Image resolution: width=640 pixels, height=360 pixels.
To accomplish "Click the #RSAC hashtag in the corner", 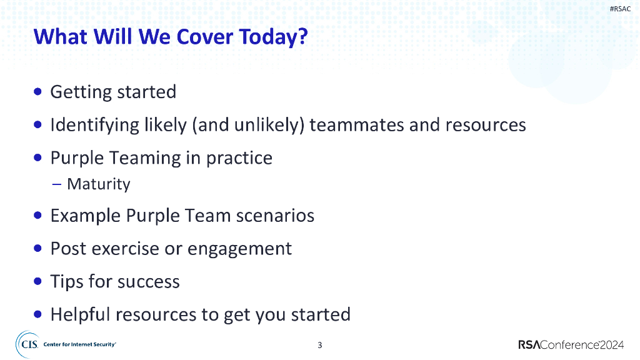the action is (620, 9).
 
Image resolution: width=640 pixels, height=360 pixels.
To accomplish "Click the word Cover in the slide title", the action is (205, 37).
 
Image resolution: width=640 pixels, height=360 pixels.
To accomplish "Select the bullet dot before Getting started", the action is (38, 91).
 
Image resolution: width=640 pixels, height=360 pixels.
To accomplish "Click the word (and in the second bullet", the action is (211, 125).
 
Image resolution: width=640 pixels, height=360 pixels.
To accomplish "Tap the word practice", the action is (239, 158).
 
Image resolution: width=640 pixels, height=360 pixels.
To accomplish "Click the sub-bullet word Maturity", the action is (99, 184).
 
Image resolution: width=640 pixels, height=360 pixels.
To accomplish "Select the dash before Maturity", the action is (57, 184).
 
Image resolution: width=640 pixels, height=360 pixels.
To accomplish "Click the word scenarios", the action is (275, 216).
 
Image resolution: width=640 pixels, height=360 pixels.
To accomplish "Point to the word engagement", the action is (239, 249).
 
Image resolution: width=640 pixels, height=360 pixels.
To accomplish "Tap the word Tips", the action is (67, 282).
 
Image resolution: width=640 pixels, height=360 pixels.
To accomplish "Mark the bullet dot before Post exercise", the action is (38, 248).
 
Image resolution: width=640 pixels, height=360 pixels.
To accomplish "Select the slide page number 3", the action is (320, 345).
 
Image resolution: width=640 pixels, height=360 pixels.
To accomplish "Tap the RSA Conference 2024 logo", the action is (571, 345).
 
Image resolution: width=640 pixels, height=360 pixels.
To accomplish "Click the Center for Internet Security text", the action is (79, 344).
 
